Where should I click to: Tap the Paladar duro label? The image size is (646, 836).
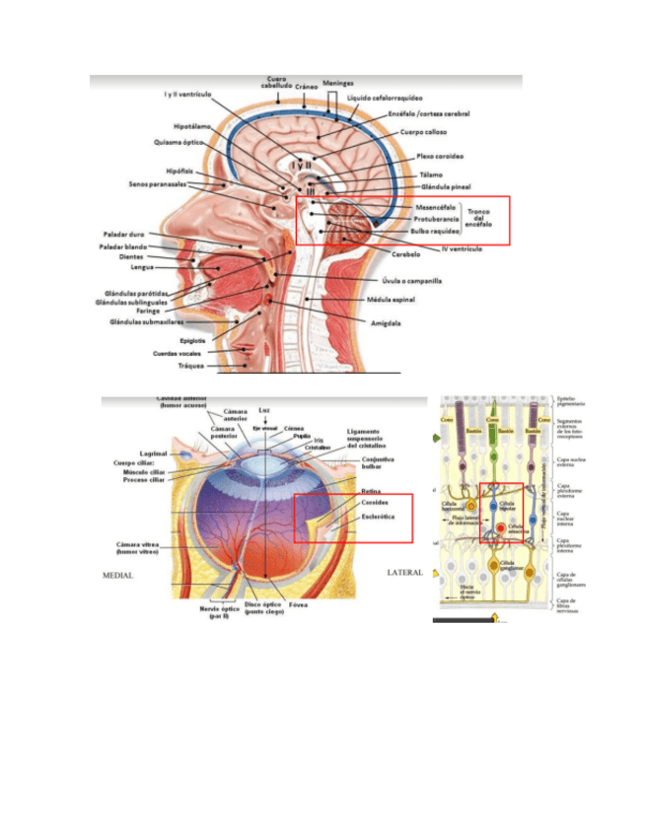tap(124, 234)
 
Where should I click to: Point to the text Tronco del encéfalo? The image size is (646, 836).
tap(482, 218)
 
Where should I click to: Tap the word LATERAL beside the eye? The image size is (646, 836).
tap(404, 572)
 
